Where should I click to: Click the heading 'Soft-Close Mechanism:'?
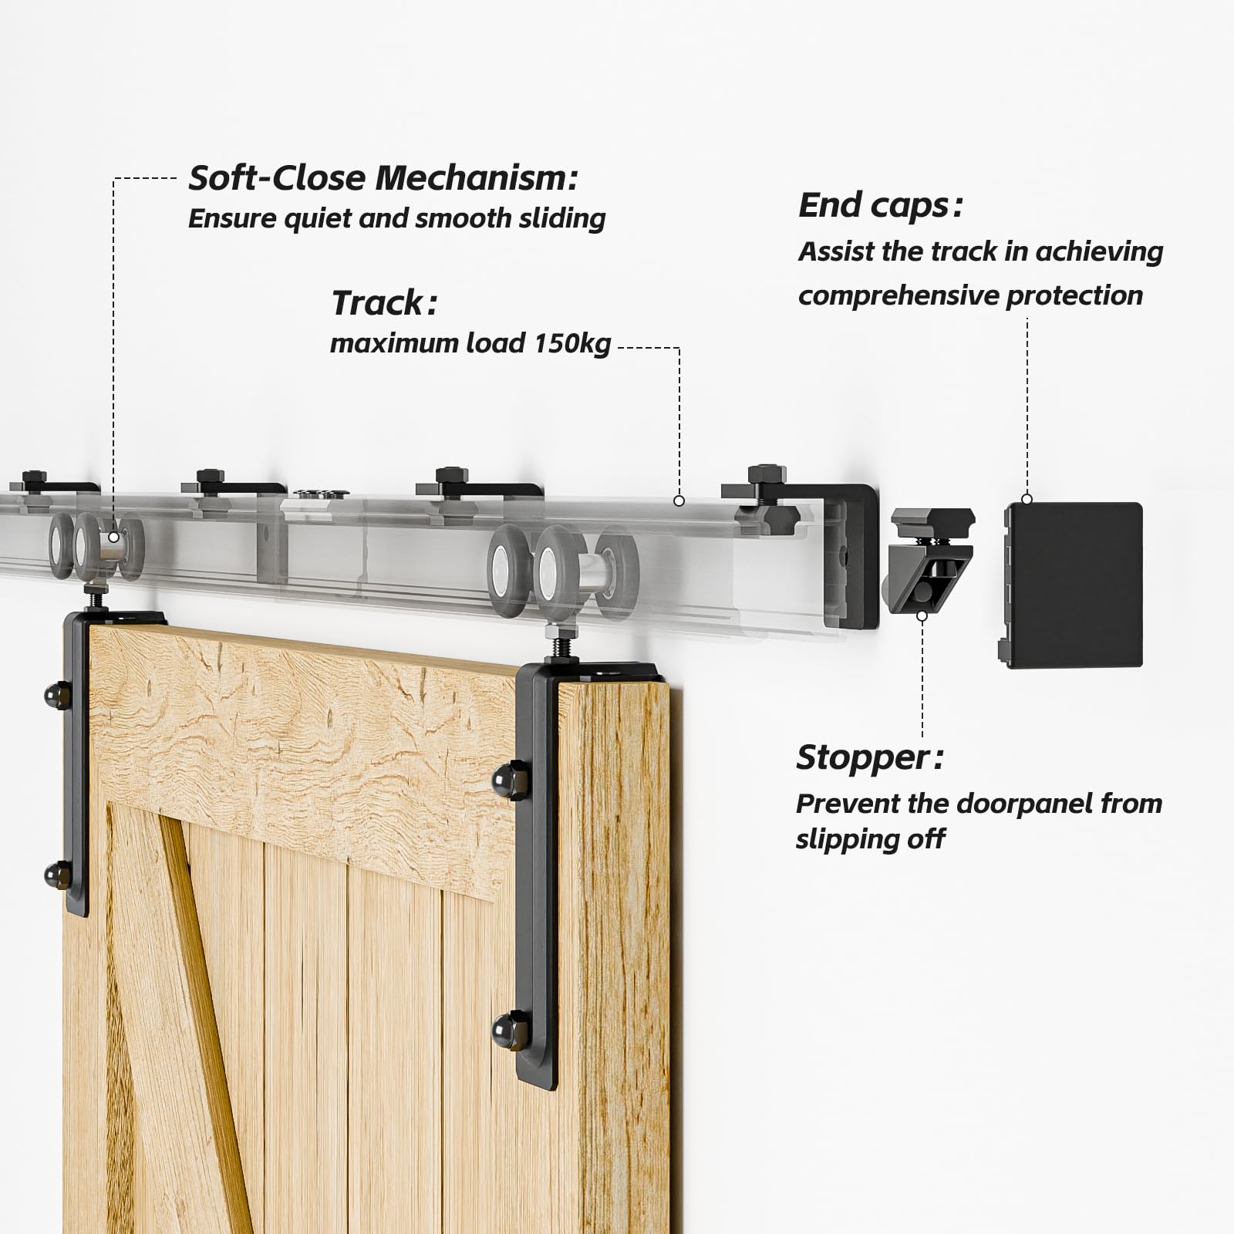[383, 179]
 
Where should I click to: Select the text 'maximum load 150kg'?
[470, 342]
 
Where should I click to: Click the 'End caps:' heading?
[880, 206]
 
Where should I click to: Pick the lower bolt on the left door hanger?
[54, 873]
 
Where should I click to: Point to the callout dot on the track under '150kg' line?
[679, 501]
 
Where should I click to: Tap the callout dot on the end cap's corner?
[1027, 499]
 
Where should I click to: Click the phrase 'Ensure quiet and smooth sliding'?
[396, 218]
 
